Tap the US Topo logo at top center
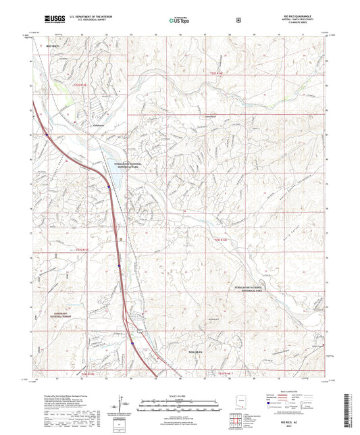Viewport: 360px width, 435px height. [177, 21]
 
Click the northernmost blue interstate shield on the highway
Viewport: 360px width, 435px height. [47, 134]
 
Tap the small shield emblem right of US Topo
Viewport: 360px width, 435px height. [238, 21]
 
